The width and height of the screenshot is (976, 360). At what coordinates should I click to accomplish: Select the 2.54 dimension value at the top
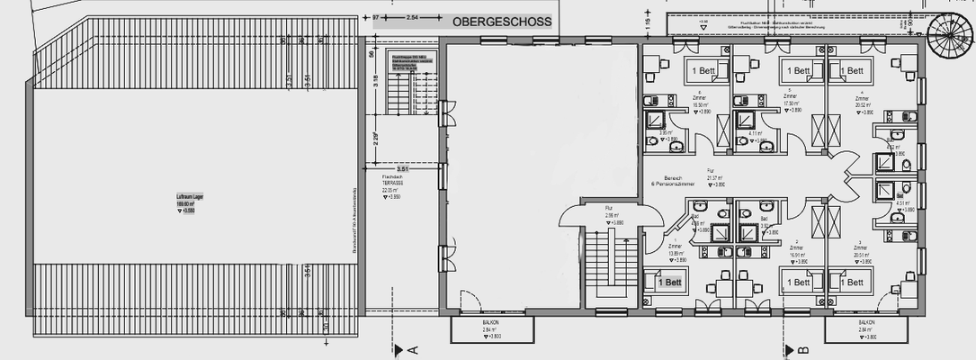(412, 18)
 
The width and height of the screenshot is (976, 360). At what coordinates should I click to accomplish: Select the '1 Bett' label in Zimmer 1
(670, 282)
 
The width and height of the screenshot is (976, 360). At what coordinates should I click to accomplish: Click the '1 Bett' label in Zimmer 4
(853, 70)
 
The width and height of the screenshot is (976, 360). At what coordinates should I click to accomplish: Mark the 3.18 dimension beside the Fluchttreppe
(377, 90)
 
